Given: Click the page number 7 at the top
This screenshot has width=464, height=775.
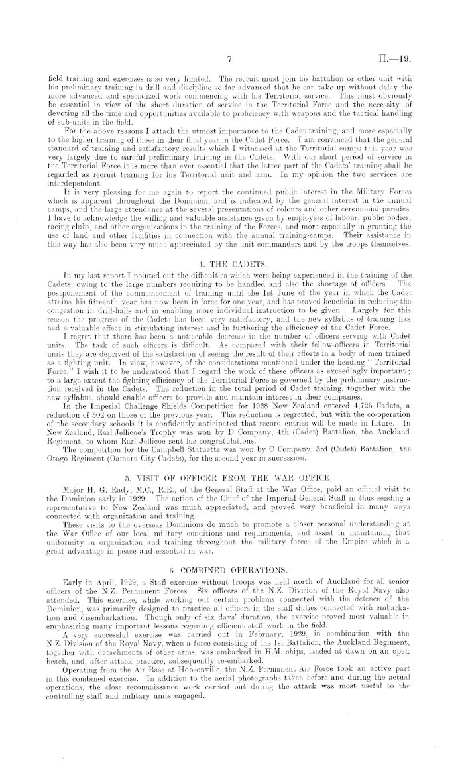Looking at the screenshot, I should [x=228, y=58].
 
